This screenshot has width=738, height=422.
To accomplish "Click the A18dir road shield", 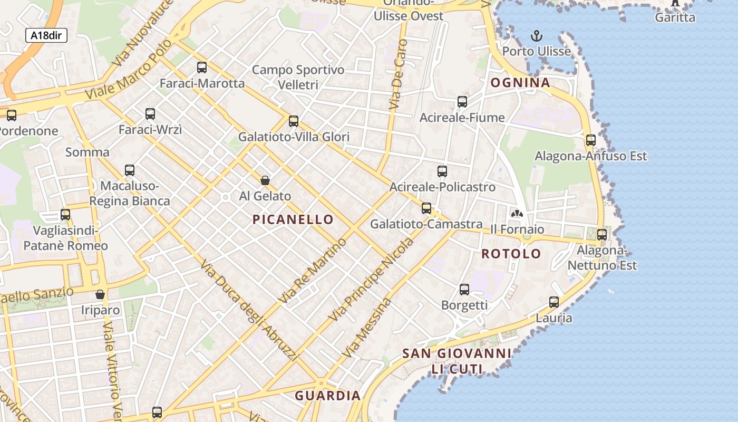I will pos(46,35).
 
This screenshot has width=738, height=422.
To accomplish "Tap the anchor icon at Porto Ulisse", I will pos(536,36).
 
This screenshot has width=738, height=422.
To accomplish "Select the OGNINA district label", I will pos(520,83).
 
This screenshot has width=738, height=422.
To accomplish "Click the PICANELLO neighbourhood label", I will pos(293,219).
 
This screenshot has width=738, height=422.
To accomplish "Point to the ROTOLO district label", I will pos(511,254).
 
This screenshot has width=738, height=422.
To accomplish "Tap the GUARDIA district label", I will pos(327,396).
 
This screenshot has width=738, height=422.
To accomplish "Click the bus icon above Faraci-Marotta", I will pos(202,68).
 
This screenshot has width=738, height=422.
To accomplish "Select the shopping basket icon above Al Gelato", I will pos(265,180).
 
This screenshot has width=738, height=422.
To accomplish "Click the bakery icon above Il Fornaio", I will pos(517,214).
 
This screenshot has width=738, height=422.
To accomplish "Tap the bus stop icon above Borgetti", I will pos(464,290).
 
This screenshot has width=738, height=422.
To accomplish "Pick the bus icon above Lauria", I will pos(554,302).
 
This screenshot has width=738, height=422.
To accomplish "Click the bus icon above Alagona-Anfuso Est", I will pos(591,140).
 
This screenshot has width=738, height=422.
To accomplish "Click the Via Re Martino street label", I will pos(312,271).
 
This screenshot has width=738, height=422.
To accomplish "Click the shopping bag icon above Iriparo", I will pos(100,294).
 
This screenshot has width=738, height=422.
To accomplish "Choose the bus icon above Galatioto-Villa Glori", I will pos(294,121).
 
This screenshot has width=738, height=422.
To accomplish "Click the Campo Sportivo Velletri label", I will pos(298,77).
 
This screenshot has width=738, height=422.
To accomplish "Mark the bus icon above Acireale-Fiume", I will pos(462,102).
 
